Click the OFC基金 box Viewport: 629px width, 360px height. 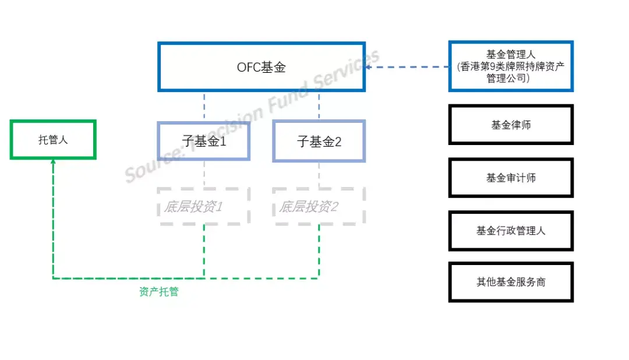(261, 67)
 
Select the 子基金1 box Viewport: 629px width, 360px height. (203, 141)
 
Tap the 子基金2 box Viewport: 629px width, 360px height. (319, 141)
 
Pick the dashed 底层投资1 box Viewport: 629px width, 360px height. (203, 207)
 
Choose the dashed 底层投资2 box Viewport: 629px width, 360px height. (319, 207)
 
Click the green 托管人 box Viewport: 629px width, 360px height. (53, 140)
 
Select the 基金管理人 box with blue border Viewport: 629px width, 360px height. (511, 66)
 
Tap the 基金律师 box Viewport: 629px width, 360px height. (511, 125)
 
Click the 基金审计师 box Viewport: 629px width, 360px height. (511, 178)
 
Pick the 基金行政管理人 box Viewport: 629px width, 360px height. (511, 231)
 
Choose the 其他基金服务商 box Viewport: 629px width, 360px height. (511, 282)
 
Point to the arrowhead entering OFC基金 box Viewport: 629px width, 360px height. (369, 67)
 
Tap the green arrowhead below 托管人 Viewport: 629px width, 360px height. (53, 163)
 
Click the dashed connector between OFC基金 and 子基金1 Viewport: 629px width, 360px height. (204, 107)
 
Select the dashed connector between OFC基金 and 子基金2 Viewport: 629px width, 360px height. (319, 107)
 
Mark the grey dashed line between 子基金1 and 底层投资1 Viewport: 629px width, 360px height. (204, 174)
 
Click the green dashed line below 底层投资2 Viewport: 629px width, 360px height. (319, 250)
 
